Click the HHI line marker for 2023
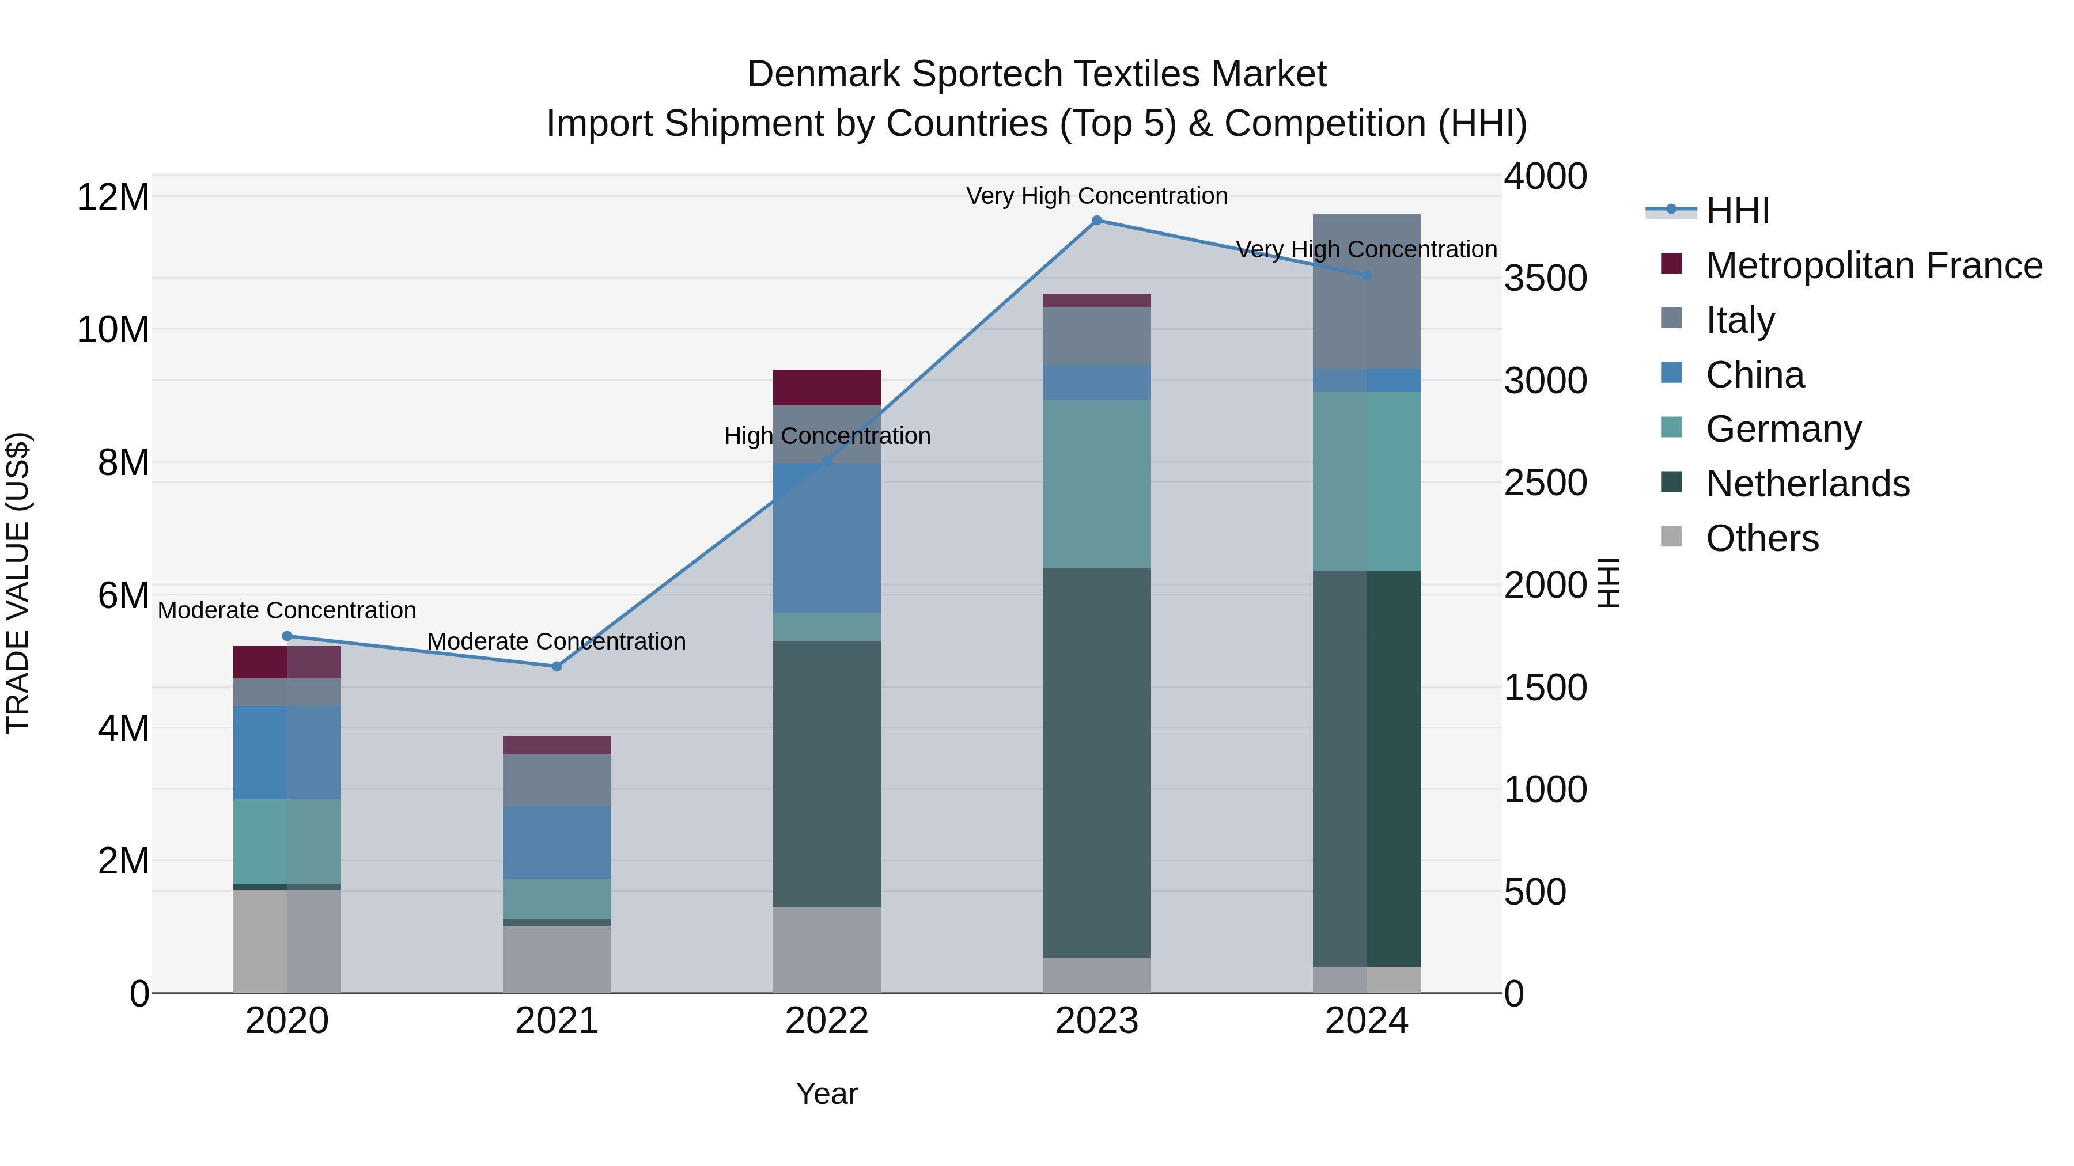coord(1096,221)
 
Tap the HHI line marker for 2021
coord(557,666)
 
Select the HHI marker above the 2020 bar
coord(287,636)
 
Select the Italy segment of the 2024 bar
coord(1367,291)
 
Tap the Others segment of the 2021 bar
coord(557,959)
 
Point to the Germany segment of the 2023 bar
coord(1096,484)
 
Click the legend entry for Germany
coord(1783,429)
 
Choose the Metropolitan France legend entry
coord(1874,265)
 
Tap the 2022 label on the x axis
coord(827,1021)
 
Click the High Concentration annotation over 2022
coord(827,436)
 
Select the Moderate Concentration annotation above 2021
coord(557,641)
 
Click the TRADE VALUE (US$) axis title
coord(18,583)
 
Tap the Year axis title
coord(827,1093)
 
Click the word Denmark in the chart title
coord(824,74)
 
